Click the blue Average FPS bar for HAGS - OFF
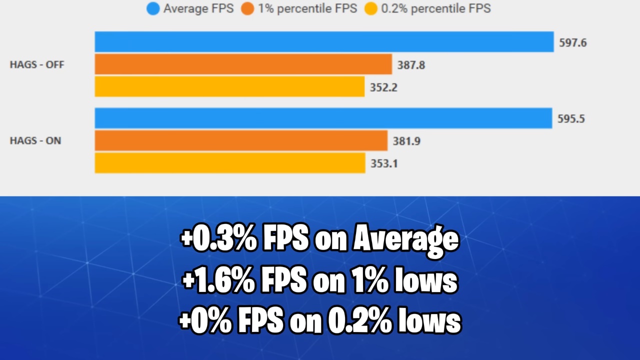tap(324, 42)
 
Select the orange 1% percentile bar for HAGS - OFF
tap(243, 64)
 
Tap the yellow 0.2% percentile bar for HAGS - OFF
tap(229, 86)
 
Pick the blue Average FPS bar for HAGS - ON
tap(323, 118)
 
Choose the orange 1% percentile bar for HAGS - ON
tap(241, 140)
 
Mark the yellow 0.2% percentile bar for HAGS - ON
tap(229, 163)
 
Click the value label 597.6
tap(573, 42)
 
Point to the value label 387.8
tap(411, 64)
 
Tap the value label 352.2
tap(383, 87)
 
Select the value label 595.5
tap(571, 119)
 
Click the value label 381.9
tap(406, 141)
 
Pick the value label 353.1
tap(384, 163)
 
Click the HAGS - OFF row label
tap(37, 64)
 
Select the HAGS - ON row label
tap(35, 141)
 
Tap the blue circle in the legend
tap(153, 8)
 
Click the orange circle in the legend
tap(247, 8)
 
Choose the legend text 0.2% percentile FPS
tap(435, 8)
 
